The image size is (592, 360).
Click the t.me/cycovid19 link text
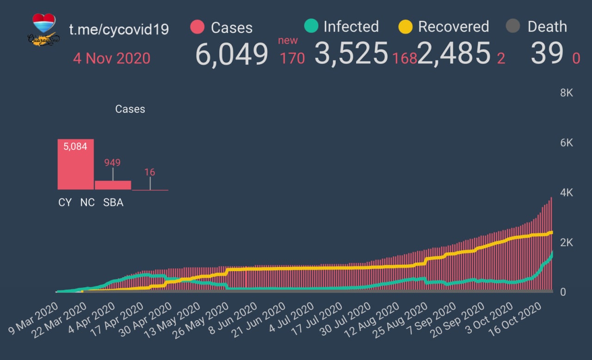(119, 29)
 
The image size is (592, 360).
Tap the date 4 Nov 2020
(111, 58)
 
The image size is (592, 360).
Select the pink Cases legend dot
(197, 27)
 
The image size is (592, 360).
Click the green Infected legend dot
(311, 26)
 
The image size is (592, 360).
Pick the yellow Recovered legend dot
(405, 27)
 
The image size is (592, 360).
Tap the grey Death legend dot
(512, 26)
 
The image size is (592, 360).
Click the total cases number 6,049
(232, 54)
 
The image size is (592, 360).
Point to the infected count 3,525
(351, 54)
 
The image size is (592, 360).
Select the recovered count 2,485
(454, 54)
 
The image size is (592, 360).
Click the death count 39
(547, 54)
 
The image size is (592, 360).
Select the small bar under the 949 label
(113, 185)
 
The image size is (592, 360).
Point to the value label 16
(149, 172)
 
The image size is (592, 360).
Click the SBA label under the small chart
(113, 203)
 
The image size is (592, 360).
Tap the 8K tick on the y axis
(566, 93)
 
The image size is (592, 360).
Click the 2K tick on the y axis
(566, 242)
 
